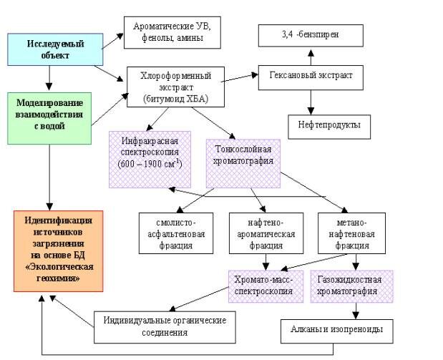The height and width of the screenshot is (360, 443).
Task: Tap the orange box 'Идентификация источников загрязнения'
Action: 59,250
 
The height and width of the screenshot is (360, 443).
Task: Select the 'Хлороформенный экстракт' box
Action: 175,86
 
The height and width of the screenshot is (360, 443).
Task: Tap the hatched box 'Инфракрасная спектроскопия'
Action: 150,158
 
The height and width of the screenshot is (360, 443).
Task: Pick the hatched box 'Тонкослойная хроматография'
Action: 243,157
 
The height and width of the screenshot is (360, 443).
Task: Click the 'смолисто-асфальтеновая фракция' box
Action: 175,233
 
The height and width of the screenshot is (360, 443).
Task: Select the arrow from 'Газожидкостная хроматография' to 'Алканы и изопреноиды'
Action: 356,311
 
